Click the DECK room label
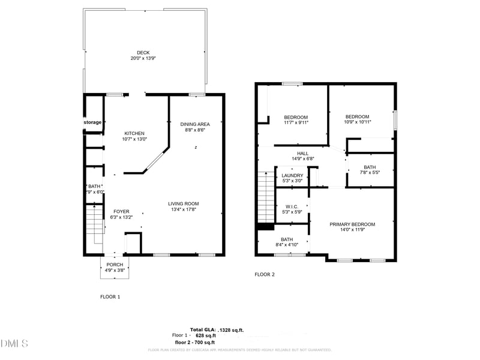point(143,52)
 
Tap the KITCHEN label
point(134,133)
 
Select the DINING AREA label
point(195,124)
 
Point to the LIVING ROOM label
point(183,203)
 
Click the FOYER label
point(122,212)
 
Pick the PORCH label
point(115,265)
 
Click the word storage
point(92,122)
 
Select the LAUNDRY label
point(293,176)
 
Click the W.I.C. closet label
point(292,206)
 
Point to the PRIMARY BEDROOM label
point(352,224)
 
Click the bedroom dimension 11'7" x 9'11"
point(296,122)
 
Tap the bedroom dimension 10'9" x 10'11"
point(358,122)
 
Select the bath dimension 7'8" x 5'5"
point(370,173)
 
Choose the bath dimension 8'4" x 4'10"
point(287,245)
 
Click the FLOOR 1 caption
point(110,296)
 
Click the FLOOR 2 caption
point(265,274)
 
